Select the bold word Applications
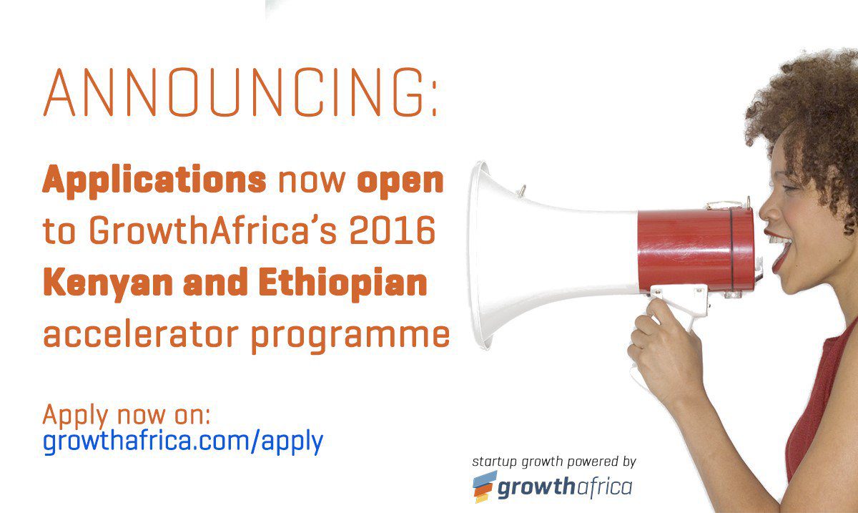pos(154,181)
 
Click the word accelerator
pos(141,334)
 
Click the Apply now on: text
pos(127,416)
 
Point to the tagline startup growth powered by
pos(554,462)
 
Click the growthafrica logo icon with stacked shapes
pos(484,486)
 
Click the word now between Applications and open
pos(312,182)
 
